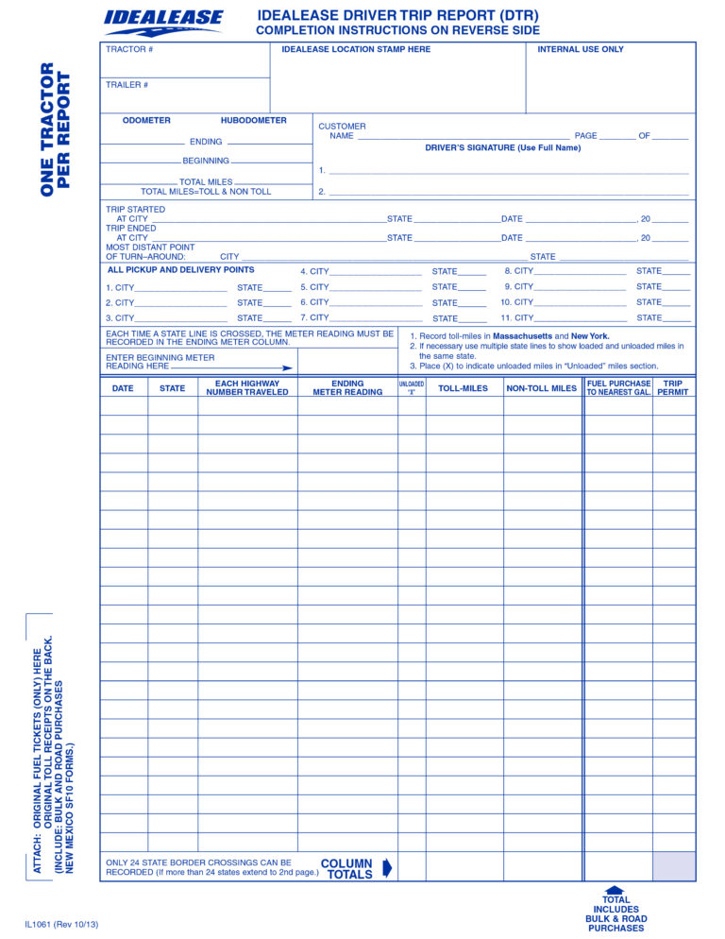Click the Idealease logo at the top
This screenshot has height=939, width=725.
163,21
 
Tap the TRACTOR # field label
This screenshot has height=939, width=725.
129,49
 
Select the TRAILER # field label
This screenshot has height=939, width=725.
127,85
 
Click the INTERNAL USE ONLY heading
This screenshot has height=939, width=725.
581,49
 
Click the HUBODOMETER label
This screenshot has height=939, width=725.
253,121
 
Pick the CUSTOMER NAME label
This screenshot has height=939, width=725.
342,131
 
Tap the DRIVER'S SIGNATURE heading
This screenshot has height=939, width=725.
502,148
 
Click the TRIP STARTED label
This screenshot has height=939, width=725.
135,210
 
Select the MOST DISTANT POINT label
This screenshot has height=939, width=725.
150,248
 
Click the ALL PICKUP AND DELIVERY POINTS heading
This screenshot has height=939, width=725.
180,270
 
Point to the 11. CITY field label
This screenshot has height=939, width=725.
516,318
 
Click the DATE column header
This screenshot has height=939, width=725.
123,388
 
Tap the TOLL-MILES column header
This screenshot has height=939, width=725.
463,388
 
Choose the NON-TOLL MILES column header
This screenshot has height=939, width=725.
541,388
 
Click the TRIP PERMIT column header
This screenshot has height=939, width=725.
673,388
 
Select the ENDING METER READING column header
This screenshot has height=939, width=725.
347,388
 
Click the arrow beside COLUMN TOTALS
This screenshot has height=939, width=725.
386,868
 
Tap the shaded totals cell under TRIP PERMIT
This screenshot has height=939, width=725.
673,866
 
